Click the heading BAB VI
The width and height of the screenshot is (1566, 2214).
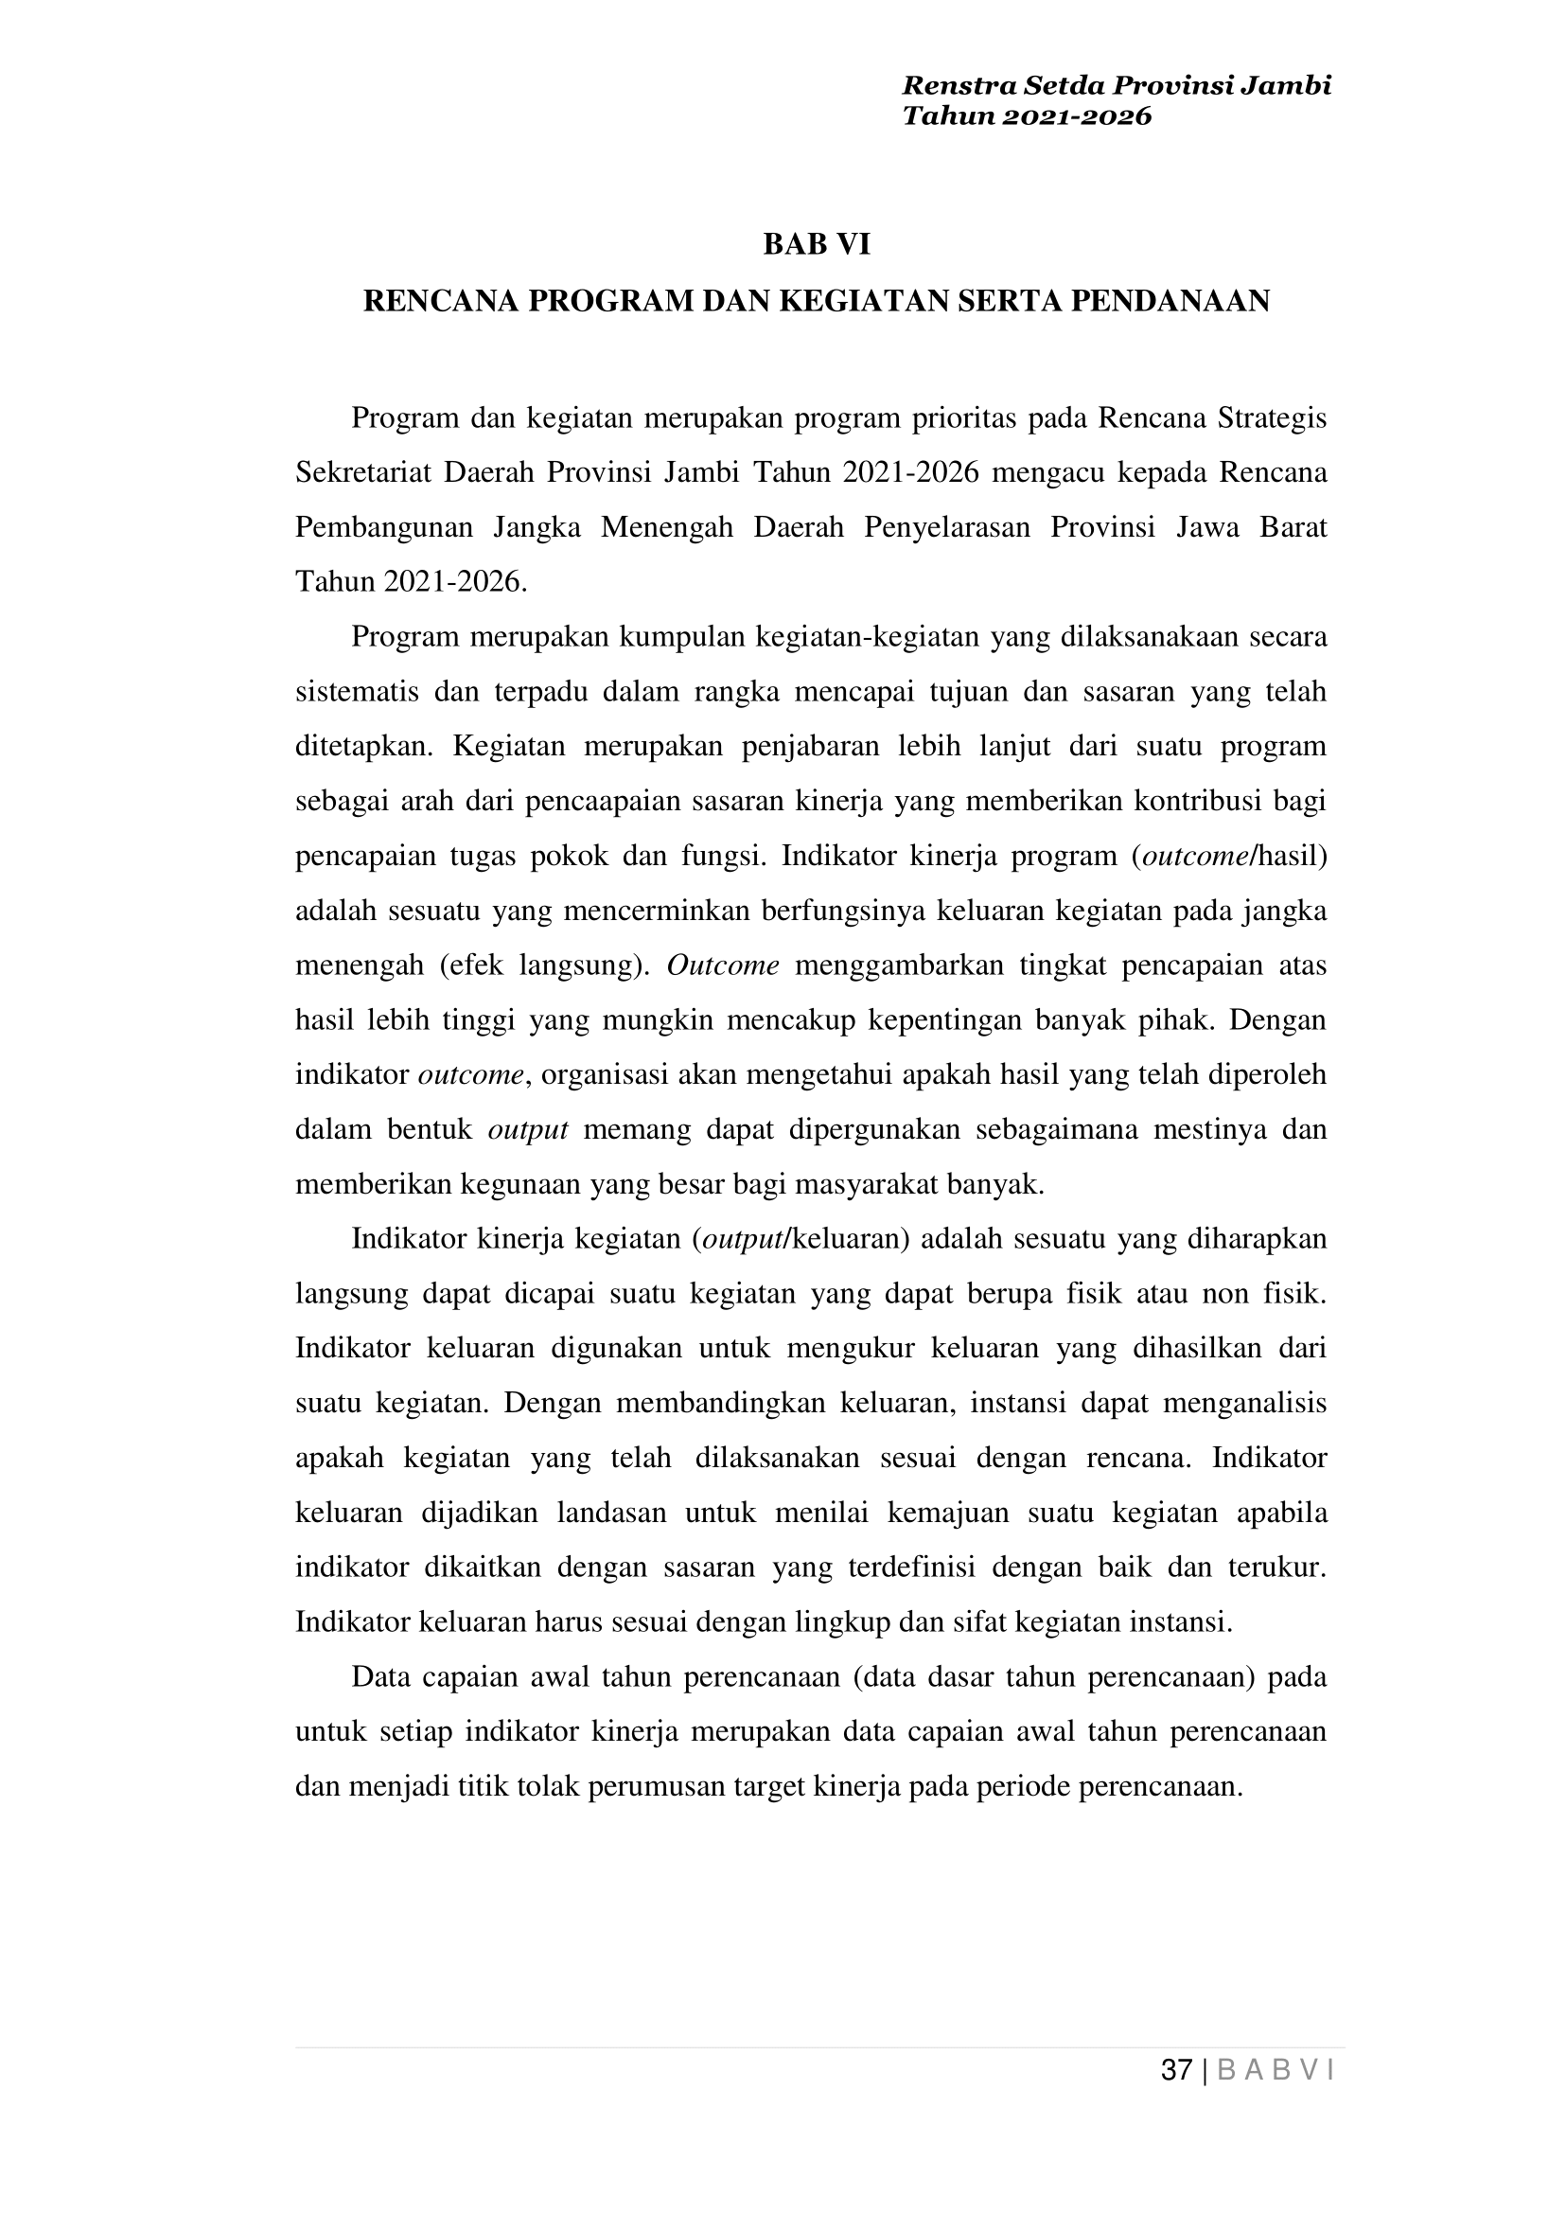point(816,245)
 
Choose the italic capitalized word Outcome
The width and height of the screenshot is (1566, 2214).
point(722,965)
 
